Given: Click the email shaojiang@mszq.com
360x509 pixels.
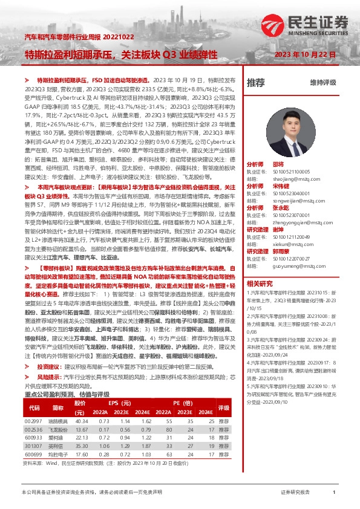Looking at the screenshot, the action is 286,178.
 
